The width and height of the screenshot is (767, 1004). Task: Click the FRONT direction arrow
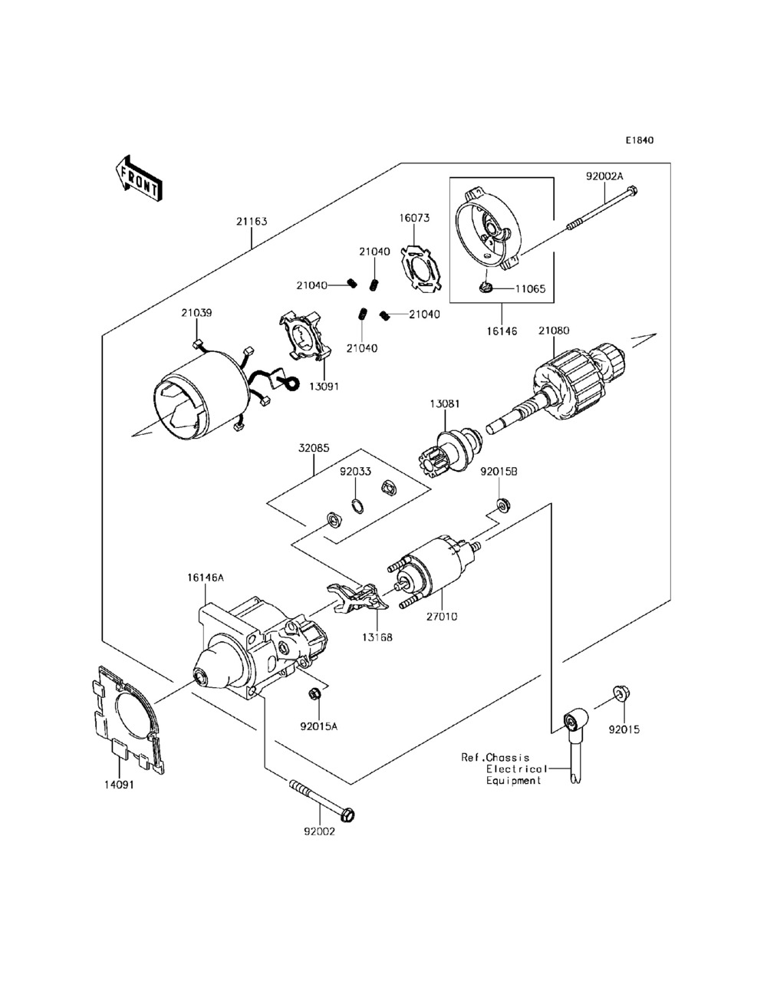(138, 179)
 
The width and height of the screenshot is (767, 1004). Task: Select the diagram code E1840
(640, 140)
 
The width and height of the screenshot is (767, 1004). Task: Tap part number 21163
(252, 222)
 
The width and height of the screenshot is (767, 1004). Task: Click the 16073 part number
(414, 218)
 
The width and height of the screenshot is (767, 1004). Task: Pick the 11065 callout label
(531, 289)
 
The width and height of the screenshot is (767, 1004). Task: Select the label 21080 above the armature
(554, 331)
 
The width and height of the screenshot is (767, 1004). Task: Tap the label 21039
(196, 313)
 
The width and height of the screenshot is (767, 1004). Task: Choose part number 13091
(324, 386)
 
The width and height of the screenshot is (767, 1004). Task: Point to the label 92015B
(499, 472)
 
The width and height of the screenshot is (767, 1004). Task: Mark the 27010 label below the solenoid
(442, 617)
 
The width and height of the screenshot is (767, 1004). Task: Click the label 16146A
(206, 578)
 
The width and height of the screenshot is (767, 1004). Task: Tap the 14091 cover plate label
(118, 785)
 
